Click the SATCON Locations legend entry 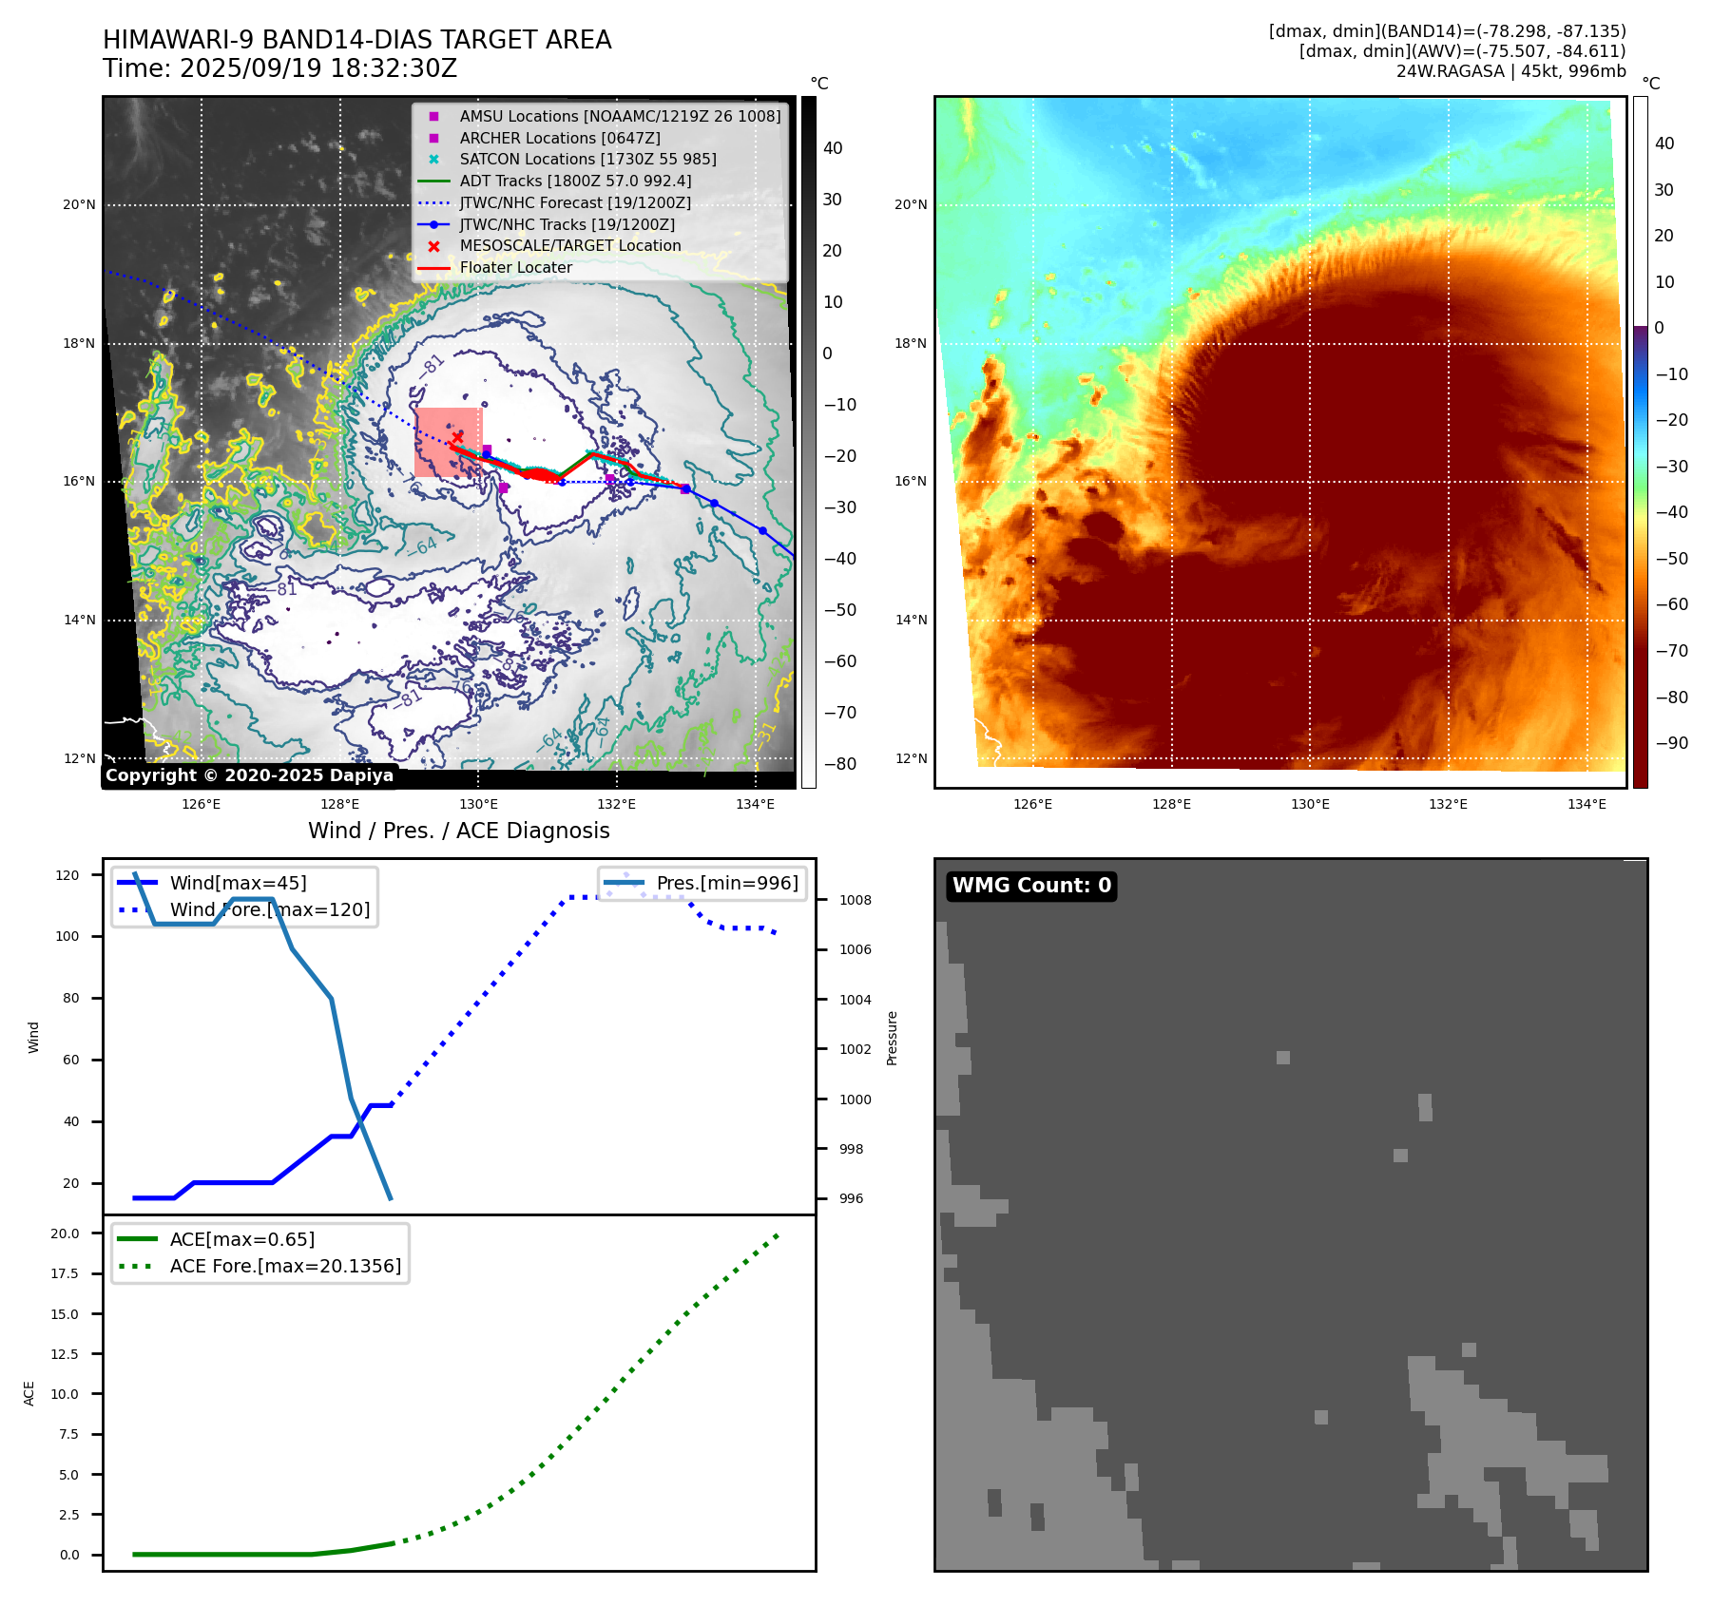pyautogui.click(x=587, y=160)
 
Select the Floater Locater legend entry pyautogui.click(x=515, y=268)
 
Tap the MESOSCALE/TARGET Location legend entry pyautogui.click(x=569, y=246)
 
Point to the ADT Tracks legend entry pyautogui.click(x=575, y=182)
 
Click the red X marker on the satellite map pyautogui.click(x=457, y=437)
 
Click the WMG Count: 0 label pyautogui.click(x=1031, y=886)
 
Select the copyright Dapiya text pyautogui.click(x=249, y=775)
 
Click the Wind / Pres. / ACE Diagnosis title pyautogui.click(x=458, y=831)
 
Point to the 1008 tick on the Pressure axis pyautogui.click(x=855, y=901)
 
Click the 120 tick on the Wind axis pyautogui.click(x=67, y=875)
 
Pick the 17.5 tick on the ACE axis pyautogui.click(x=65, y=1274)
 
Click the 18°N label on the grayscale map pyautogui.click(x=79, y=344)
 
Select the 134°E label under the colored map pyautogui.click(x=1587, y=805)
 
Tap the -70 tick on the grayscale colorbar pyautogui.click(x=839, y=713)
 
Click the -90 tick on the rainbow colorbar pyautogui.click(x=1671, y=743)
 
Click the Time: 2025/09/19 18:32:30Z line pyautogui.click(x=279, y=69)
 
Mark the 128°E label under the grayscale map pyautogui.click(x=339, y=805)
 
